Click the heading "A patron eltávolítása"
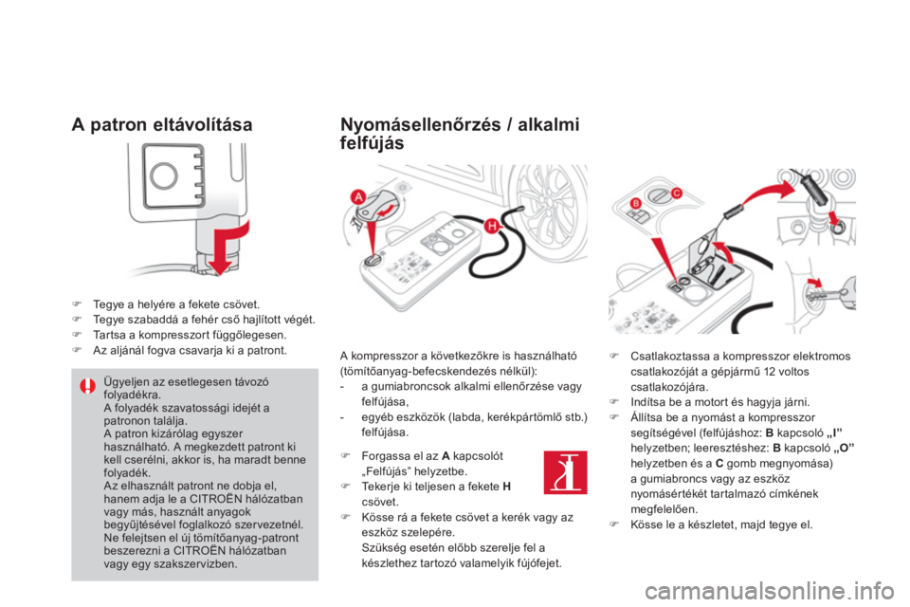(162, 125)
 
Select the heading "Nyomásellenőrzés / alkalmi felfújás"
(460, 134)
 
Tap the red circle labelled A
(358, 197)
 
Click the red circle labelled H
(492, 226)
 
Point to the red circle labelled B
(636, 203)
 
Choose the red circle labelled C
(676, 193)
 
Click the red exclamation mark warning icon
(87, 386)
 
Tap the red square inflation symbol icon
(565, 472)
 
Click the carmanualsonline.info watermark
(769, 592)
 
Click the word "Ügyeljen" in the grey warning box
(125, 382)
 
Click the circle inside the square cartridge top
(164, 175)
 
